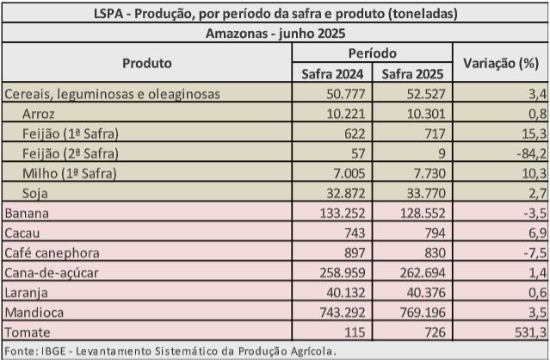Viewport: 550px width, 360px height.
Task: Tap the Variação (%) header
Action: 500,64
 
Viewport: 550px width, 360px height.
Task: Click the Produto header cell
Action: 147,64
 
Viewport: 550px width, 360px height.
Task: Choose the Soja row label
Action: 37,192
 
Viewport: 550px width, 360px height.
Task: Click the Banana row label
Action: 27,212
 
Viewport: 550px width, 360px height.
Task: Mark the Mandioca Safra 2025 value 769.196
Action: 427,313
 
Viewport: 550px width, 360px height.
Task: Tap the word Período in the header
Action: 376,53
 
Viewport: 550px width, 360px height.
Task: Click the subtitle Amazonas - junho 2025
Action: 275,34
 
